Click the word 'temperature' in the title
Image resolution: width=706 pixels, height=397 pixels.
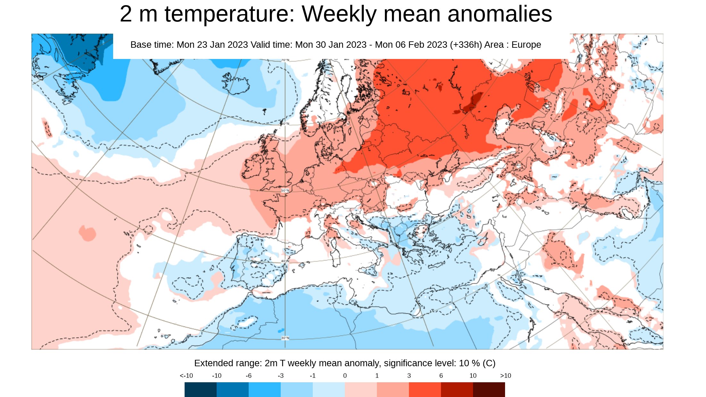point(229,14)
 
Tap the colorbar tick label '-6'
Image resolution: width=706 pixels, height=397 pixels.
point(248,376)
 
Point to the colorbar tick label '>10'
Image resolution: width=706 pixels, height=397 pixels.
point(505,376)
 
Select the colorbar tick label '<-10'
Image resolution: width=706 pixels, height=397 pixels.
point(186,376)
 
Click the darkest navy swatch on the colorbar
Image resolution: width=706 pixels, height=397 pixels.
point(200,389)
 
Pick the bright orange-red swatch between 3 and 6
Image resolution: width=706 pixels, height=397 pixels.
point(425,389)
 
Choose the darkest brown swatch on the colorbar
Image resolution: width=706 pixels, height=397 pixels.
point(489,389)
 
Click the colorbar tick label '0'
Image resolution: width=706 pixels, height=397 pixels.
point(345,376)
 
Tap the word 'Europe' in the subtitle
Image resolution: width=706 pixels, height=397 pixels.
point(526,45)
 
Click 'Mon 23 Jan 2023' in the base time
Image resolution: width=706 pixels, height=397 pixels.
point(212,45)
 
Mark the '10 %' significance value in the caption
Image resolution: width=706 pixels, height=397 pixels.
point(469,363)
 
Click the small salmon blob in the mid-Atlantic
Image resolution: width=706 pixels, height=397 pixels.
point(87,233)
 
